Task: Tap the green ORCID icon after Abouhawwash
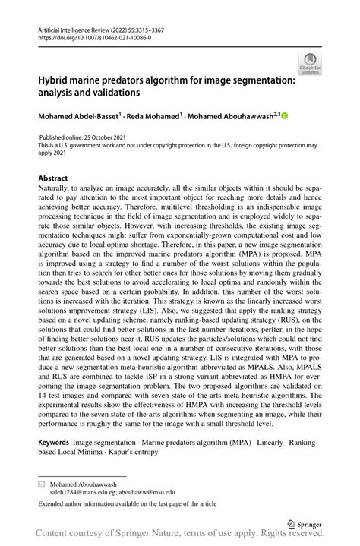(286, 115)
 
